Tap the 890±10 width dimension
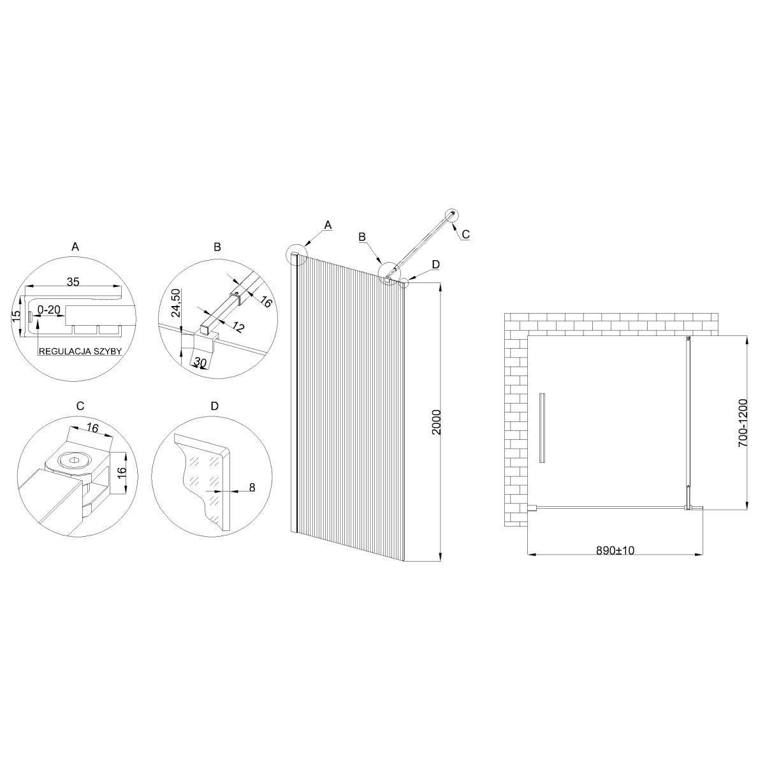click(615, 551)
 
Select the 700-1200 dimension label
click(743, 423)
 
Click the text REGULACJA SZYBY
click(80, 351)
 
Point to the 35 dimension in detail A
click(73, 282)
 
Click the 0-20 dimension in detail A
click(49, 310)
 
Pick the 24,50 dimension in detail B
click(176, 303)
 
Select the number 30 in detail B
click(200, 361)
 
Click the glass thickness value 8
click(252, 488)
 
